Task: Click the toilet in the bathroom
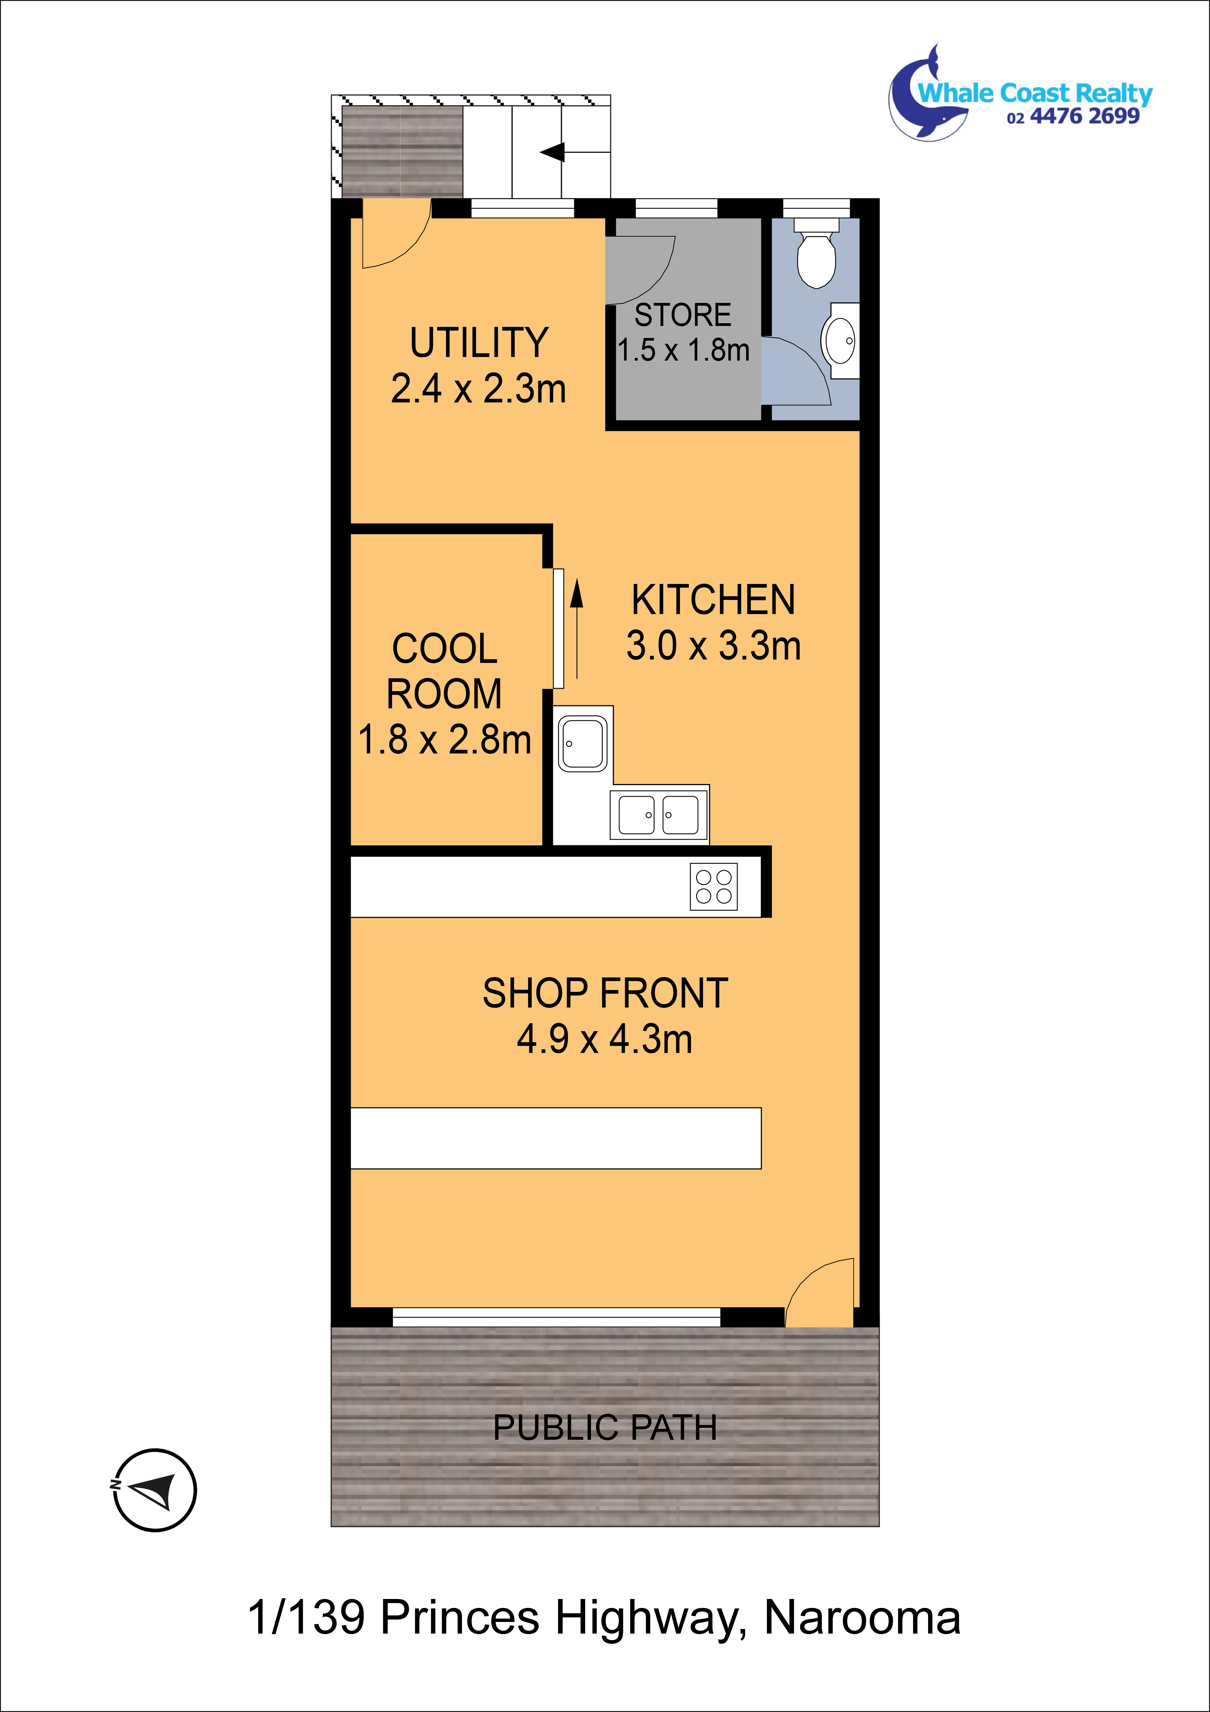coord(816,252)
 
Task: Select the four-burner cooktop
coord(713,886)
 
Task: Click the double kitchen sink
coord(659,814)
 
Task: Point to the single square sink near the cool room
coord(582,743)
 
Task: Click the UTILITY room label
coord(479,343)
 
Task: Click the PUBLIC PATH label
coord(605,1428)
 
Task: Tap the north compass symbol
coord(155,1490)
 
